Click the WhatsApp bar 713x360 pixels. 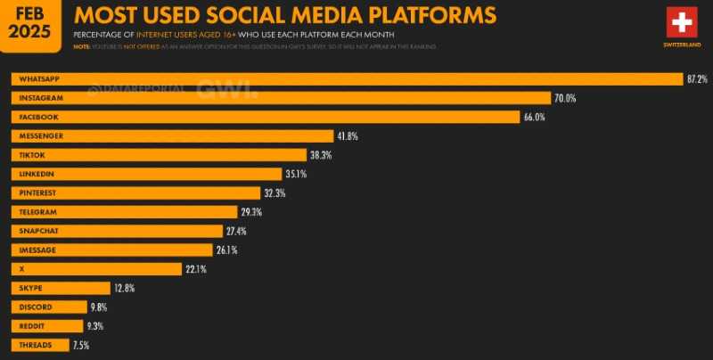347,79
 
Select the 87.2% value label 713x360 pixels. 696,79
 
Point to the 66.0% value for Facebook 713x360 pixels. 534,117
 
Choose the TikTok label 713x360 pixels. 29,155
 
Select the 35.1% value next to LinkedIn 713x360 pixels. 297,174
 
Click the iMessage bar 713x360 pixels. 112,250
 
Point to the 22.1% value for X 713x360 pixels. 196,268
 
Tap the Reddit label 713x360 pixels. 29,325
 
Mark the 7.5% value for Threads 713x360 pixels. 80,345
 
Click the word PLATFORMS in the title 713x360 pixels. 423,15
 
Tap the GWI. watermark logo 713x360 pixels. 226,89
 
